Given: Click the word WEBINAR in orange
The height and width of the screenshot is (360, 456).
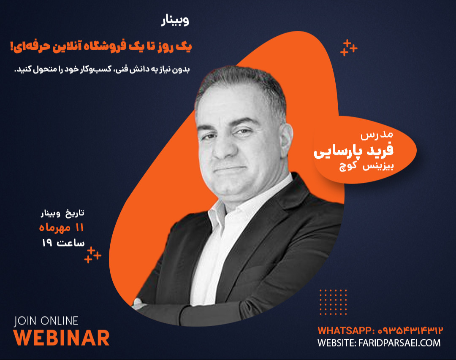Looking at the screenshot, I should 62,337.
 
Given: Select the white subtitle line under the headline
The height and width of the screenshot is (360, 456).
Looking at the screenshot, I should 103,70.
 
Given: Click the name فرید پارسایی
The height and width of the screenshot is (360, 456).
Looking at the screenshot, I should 354,152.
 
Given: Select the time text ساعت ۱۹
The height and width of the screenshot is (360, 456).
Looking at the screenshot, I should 63,243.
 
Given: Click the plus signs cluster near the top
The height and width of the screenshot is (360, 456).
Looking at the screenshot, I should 348,47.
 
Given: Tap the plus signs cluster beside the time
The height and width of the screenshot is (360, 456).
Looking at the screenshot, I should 92,254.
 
